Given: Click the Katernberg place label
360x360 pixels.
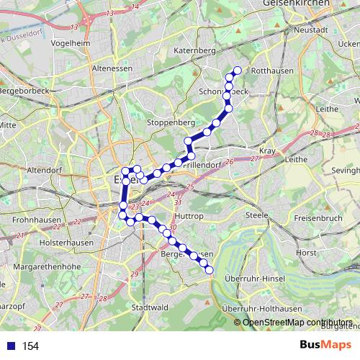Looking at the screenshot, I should [x=195, y=52].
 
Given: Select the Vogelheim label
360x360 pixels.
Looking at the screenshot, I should [x=71, y=42].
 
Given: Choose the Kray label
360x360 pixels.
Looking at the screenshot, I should [x=267, y=150].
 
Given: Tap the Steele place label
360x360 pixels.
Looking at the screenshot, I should [x=257, y=215].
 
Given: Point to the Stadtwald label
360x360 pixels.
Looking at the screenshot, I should [x=150, y=307].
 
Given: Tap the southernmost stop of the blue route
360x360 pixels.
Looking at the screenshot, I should [x=210, y=270].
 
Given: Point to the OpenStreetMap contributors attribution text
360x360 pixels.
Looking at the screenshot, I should [x=298, y=323].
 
